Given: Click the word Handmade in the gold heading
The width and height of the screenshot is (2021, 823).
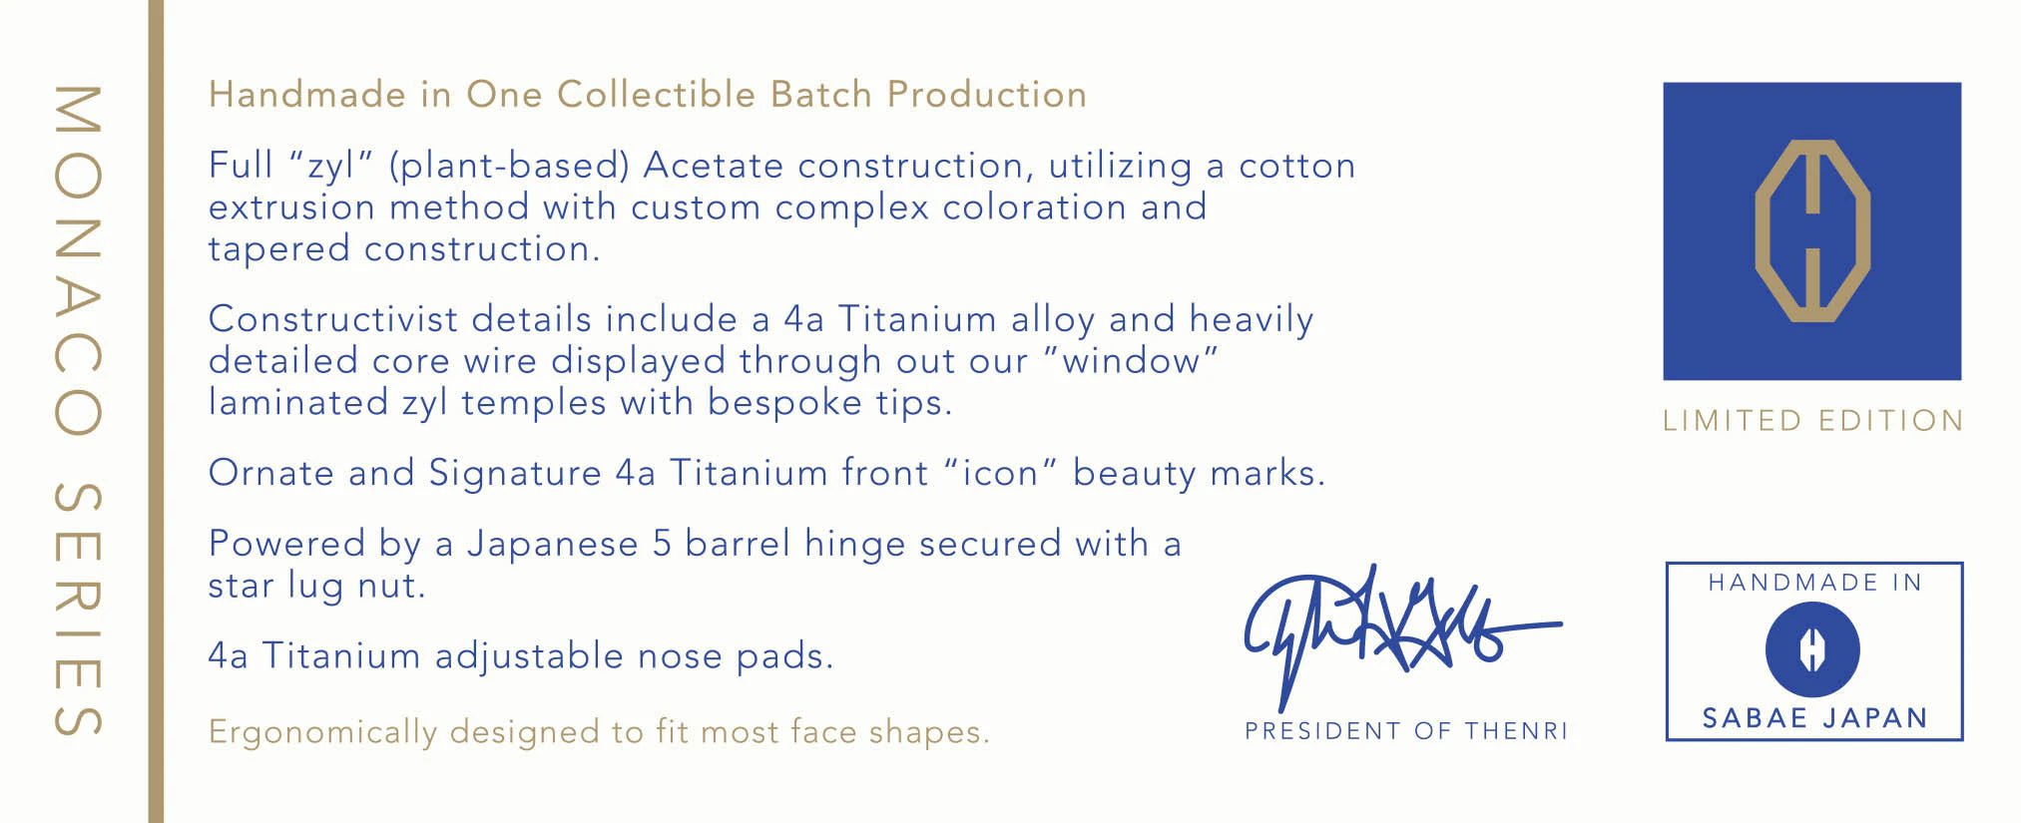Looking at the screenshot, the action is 307,95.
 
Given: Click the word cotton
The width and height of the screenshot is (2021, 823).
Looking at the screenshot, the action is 1296,167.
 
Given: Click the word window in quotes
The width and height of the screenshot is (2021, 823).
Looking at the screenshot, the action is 1131,360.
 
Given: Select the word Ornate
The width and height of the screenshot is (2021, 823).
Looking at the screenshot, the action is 271,473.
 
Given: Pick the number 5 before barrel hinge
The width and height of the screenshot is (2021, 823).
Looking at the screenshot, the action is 662,544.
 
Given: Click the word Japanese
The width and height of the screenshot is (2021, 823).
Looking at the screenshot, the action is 553,545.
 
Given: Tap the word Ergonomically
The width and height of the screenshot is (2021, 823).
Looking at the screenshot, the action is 323,732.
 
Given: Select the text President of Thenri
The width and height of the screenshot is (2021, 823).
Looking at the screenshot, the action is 1405,731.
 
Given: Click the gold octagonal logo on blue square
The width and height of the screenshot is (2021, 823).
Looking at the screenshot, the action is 1811,230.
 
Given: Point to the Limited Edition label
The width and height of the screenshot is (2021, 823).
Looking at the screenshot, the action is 1812,421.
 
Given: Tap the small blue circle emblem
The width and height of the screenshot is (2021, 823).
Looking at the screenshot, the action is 1812,649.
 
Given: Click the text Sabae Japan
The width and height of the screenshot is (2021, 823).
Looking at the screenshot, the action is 1813,718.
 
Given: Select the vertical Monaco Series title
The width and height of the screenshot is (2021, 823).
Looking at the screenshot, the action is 77,410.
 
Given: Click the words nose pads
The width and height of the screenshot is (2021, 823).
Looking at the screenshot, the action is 735,656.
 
